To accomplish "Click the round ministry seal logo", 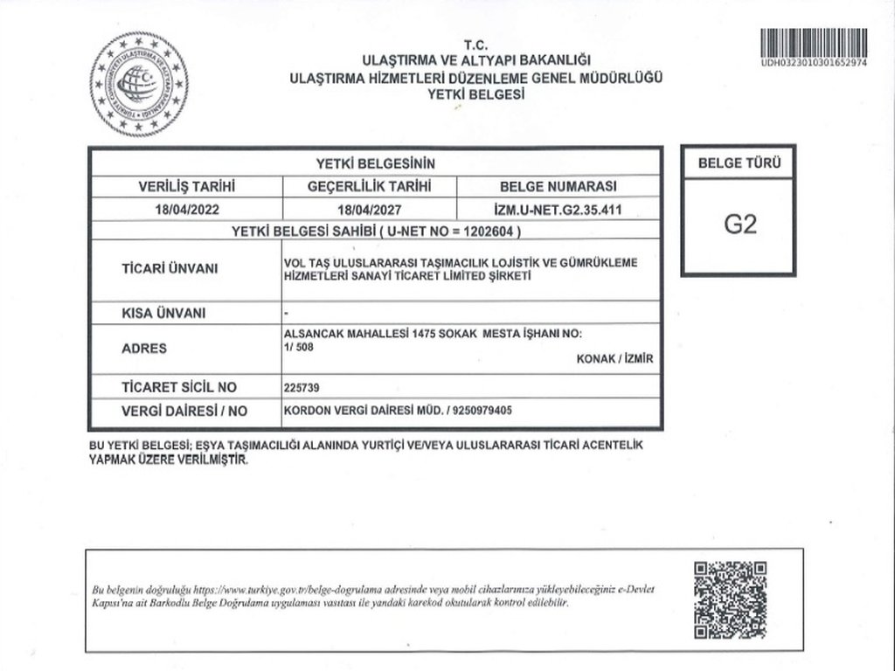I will coord(138,84).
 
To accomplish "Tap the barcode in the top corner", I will coord(813,43).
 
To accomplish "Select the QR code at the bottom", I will coord(731,600).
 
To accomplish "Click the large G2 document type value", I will coord(739,225).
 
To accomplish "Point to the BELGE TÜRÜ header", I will coord(739,163).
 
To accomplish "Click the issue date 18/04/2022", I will coord(185,210).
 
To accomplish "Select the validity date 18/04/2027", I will coord(369,210).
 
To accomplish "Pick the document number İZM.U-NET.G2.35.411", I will coord(557,210).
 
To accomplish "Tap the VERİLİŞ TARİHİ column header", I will coord(187,186).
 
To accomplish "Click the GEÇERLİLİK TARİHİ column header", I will coord(369,186).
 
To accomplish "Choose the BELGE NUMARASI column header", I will coord(558,186).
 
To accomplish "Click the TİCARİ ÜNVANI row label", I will coord(170,268).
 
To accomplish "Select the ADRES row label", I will coord(144,348).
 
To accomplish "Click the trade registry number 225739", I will coord(302,387).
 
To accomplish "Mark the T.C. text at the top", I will coord(476,45).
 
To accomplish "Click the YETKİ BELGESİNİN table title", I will coord(375,163).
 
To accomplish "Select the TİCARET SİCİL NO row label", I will coord(178,386).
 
